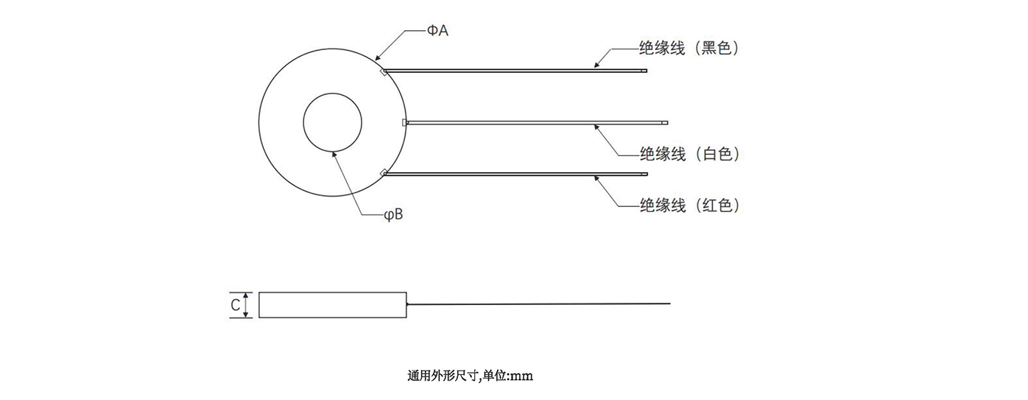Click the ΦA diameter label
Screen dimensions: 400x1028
point(437,31)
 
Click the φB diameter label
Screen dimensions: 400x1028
point(393,215)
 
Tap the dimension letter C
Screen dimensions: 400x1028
point(235,305)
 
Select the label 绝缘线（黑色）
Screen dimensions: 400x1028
point(689,49)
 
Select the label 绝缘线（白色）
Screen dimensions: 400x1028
point(689,154)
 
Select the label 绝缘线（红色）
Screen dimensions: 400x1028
point(689,206)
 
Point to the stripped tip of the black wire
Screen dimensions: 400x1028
point(645,71)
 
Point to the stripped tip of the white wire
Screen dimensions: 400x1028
point(664,123)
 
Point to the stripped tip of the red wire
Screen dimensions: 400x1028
point(645,174)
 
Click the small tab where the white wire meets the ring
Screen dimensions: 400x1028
point(404,122)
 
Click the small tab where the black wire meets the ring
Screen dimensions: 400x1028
point(384,72)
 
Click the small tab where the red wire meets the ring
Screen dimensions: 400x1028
point(384,173)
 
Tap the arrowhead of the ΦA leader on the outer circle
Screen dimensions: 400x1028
point(377,59)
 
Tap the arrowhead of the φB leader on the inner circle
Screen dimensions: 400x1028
point(334,153)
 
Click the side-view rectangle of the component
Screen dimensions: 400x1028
point(334,305)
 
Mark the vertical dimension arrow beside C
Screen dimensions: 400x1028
point(248,305)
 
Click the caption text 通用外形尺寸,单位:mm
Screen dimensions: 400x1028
point(470,376)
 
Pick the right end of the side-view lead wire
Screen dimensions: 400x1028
point(669,303)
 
